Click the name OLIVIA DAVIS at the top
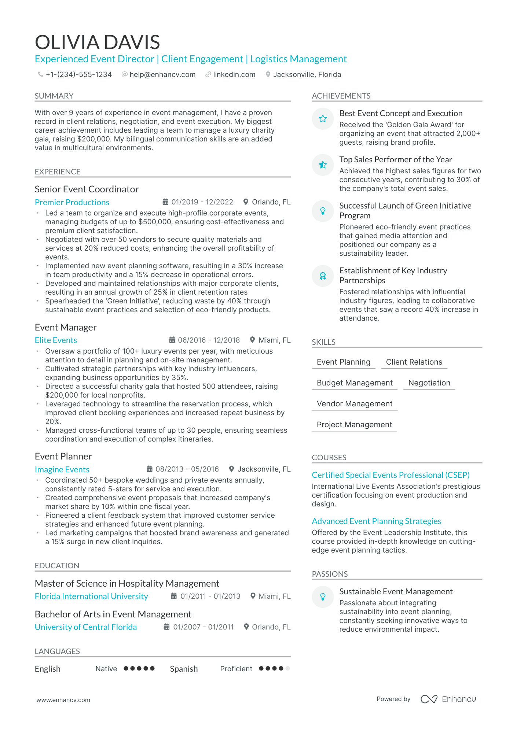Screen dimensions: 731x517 [x=97, y=42]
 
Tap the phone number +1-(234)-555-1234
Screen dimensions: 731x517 [x=78, y=74]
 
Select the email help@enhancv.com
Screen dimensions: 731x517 [x=162, y=74]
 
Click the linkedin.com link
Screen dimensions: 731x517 [x=234, y=74]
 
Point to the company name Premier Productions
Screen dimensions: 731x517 [x=72, y=202]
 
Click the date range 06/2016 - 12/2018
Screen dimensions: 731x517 [x=209, y=340]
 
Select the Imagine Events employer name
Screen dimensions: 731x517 [x=62, y=469]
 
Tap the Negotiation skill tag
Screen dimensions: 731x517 [x=429, y=383]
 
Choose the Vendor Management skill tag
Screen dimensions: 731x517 [x=354, y=403]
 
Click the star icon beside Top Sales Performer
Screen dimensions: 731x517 [x=323, y=165]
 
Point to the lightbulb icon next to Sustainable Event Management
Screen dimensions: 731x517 [x=323, y=597]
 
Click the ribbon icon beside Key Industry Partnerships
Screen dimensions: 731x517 [x=323, y=276]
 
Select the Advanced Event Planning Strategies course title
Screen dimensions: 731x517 [x=376, y=521]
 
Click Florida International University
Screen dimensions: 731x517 [x=91, y=596]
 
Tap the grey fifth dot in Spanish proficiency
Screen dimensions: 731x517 [x=287, y=668]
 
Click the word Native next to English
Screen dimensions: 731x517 [x=106, y=669]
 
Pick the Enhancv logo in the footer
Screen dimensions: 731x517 [x=448, y=699]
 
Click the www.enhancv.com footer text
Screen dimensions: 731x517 [x=63, y=700]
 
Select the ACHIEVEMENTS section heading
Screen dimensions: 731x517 [x=341, y=96]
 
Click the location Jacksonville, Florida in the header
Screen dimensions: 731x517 [x=307, y=74]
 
